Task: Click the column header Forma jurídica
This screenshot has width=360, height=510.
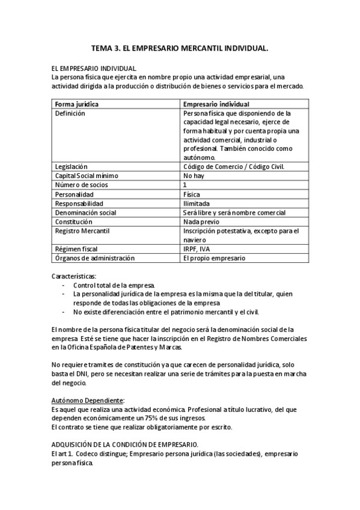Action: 77,104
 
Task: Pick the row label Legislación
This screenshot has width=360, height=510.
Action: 72,167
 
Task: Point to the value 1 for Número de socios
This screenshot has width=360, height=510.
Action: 185,185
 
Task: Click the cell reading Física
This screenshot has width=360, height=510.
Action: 192,194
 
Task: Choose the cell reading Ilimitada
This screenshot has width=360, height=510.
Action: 196,203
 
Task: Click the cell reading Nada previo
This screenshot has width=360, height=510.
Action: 202,221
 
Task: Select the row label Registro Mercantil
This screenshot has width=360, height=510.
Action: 82,230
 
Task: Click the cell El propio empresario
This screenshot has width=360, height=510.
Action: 214,258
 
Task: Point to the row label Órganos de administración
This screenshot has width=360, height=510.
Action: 94,258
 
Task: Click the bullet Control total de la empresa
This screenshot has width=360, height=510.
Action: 114,284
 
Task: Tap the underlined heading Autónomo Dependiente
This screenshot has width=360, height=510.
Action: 88,399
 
